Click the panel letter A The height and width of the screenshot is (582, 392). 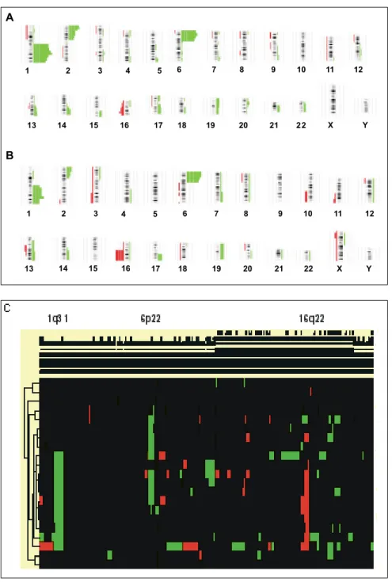coord(10,17)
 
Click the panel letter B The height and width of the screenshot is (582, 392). coord(10,155)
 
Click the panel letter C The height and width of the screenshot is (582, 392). coord(6,309)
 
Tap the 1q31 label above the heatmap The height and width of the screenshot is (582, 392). coord(58,318)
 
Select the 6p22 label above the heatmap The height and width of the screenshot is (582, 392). coord(150,318)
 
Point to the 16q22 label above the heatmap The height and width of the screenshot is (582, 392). coord(312,318)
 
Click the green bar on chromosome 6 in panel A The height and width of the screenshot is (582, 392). coord(188,36)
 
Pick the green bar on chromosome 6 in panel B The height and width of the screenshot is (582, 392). coord(193,177)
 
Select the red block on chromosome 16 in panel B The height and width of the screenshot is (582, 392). coord(120,255)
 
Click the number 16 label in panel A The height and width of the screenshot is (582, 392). coord(124,125)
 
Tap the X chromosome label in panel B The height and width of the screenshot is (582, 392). coord(339,268)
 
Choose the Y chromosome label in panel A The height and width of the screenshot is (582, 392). coord(365,125)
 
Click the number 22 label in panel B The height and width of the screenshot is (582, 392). coord(309,268)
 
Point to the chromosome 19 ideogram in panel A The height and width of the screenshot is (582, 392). coord(214,106)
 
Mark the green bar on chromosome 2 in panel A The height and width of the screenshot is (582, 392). coord(74,32)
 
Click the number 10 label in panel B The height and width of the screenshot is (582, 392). coord(308,214)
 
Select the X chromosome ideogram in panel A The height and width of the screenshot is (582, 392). coord(333,100)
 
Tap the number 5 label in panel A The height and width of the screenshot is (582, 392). coord(159,70)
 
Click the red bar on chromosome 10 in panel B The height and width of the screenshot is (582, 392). coord(306,196)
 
